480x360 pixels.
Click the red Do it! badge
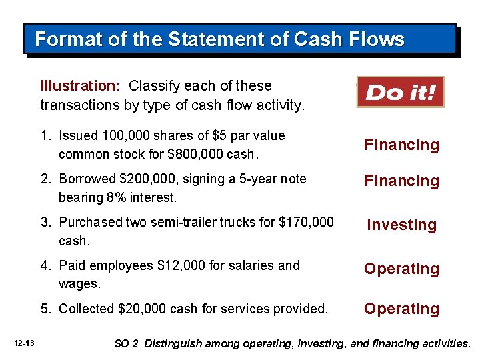[400, 92]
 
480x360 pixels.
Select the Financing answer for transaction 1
[401, 145]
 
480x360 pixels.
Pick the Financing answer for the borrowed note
[401, 181]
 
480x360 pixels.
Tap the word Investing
[401, 225]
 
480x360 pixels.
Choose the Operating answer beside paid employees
[401, 269]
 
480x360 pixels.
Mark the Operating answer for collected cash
[401, 309]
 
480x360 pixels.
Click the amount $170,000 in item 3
[305, 222]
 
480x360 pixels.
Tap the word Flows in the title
[376, 39]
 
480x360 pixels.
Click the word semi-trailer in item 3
[191, 222]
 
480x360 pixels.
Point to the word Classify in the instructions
[153, 85]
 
